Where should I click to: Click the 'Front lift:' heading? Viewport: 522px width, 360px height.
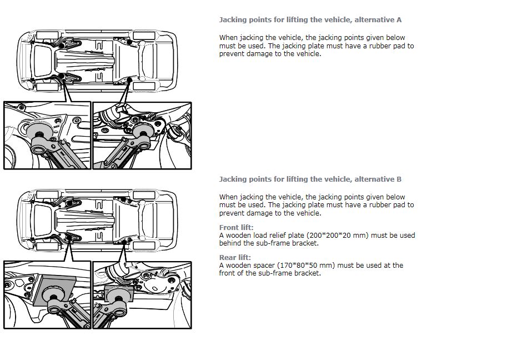(x=236, y=228)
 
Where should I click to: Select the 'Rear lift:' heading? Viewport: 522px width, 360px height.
(x=235, y=258)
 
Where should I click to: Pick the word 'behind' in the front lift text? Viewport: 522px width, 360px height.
(x=232, y=243)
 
